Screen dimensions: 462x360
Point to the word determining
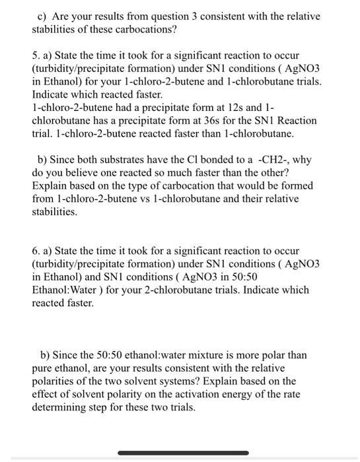click(58, 408)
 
